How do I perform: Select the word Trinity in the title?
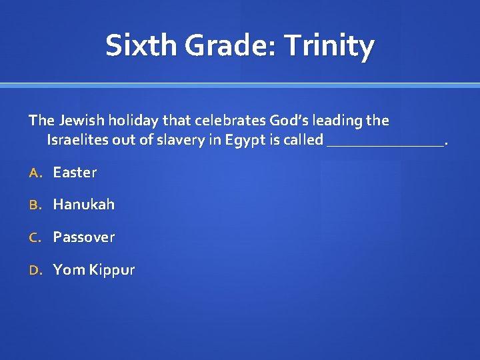point(329,46)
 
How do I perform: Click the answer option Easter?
point(75,172)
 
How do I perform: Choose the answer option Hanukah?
point(84,205)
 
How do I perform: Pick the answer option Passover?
point(84,237)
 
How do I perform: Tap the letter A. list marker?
point(35,173)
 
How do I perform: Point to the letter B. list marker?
point(35,205)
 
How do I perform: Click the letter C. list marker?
point(35,237)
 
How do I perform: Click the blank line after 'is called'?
point(385,141)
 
